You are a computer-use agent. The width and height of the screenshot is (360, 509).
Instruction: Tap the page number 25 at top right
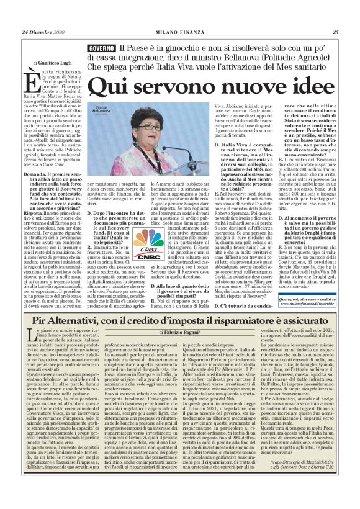click(335, 32)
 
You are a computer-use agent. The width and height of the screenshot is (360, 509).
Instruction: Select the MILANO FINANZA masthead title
click(180, 32)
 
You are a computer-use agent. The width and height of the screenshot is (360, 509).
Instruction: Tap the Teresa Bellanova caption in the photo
click(101, 109)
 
